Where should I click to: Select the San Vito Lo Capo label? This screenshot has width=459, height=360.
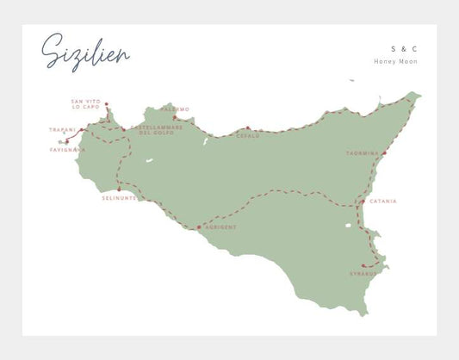point(86,104)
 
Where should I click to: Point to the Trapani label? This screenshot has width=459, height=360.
point(63,130)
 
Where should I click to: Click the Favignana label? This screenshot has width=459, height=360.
point(68,149)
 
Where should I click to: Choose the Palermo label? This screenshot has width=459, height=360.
point(175,109)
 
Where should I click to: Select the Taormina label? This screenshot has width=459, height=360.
point(362,153)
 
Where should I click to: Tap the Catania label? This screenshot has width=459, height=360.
point(382,202)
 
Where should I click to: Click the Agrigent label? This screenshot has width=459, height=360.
point(220,227)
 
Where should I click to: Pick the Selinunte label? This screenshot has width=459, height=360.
point(119,198)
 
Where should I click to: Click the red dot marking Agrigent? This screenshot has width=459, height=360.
point(200,227)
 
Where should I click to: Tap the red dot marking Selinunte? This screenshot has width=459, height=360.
point(119,189)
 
